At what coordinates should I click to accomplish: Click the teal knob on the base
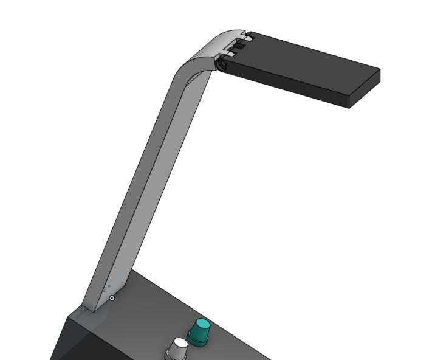199,332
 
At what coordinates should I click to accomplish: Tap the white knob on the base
178,350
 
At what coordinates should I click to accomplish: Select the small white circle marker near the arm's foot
112,298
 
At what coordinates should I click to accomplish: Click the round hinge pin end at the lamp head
222,64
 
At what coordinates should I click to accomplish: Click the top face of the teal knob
201,324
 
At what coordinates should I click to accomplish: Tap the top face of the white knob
180,344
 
